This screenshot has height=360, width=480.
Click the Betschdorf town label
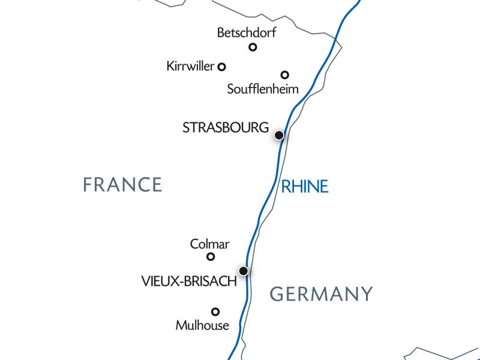click(x=246, y=33)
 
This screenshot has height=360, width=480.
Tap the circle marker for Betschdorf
click(x=253, y=47)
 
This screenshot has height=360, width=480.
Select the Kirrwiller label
click(x=190, y=67)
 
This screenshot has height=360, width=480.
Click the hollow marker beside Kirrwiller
click(x=221, y=67)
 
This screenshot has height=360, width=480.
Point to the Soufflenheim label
click(x=263, y=89)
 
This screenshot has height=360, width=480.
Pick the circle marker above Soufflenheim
click(x=285, y=75)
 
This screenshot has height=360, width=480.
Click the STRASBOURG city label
click(x=225, y=128)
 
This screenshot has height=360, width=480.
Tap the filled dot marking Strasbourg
click(x=279, y=136)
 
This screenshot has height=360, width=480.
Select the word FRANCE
click(x=122, y=185)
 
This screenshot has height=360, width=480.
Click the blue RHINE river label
click(x=305, y=187)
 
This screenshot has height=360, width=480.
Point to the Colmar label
click(x=209, y=244)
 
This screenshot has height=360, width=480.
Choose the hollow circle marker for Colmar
click(x=211, y=257)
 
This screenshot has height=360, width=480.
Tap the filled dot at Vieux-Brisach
click(x=243, y=271)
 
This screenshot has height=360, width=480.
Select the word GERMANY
click(x=321, y=294)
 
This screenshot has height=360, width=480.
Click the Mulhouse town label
click(x=202, y=326)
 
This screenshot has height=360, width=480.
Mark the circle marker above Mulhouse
click(x=215, y=311)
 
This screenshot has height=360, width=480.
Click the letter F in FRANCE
click(x=88, y=185)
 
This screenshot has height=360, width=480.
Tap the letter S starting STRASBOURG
click(x=185, y=128)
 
